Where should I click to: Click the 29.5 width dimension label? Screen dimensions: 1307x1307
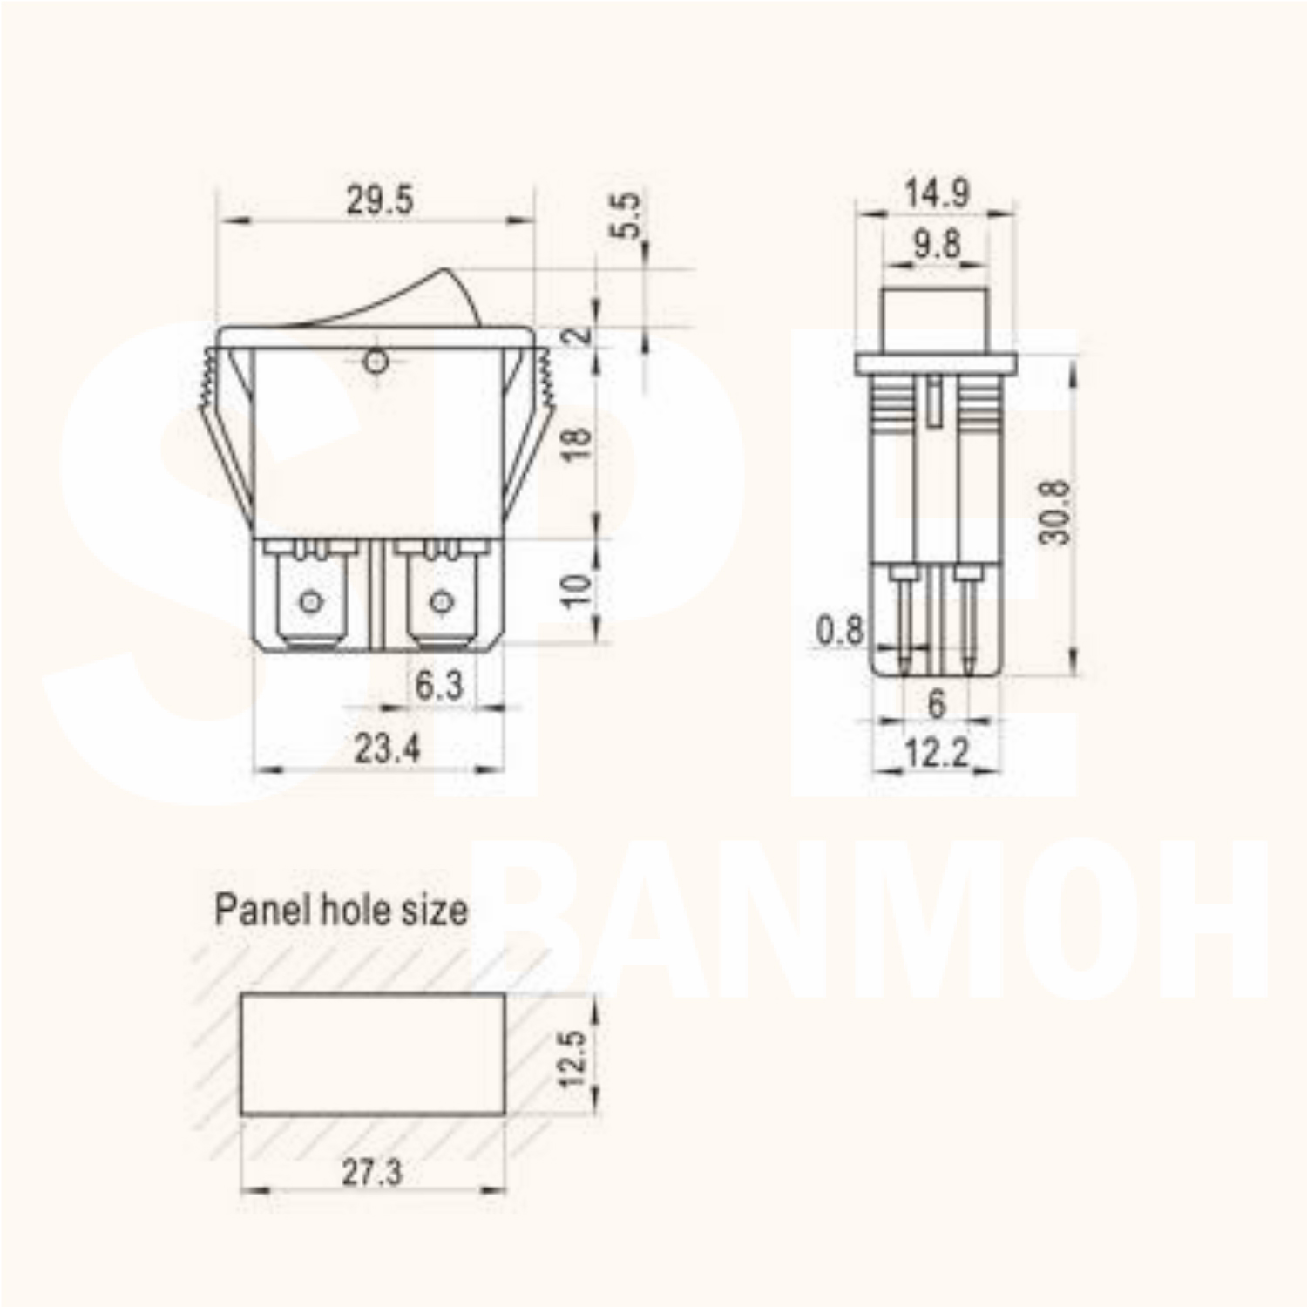click(x=379, y=200)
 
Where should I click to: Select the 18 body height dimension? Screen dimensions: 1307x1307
click(x=578, y=442)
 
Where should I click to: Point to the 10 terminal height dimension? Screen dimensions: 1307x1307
click(x=576, y=590)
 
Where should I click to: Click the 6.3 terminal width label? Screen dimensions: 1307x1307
click(x=438, y=686)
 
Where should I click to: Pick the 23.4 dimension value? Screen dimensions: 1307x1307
click(x=387, y=748)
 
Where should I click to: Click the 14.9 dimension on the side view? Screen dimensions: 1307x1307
click(x=937, y=193)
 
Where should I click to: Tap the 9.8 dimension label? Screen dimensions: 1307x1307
click(x=937, y=245)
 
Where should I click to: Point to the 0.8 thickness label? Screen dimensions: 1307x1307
click(x=839, y=630)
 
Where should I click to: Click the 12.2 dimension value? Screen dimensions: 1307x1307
click(x=937, y=753)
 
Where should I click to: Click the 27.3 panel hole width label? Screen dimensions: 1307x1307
click(x=372, y=1173)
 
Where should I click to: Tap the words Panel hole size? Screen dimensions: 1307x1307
click(x=341, y=911)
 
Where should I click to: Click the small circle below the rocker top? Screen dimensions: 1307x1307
click(x=376, y=361)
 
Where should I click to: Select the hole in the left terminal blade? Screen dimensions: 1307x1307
click(x=310, y=601)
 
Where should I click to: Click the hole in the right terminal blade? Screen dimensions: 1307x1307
click(x=441, y=601)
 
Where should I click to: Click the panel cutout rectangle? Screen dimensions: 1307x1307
click(x=372, y=1054)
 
